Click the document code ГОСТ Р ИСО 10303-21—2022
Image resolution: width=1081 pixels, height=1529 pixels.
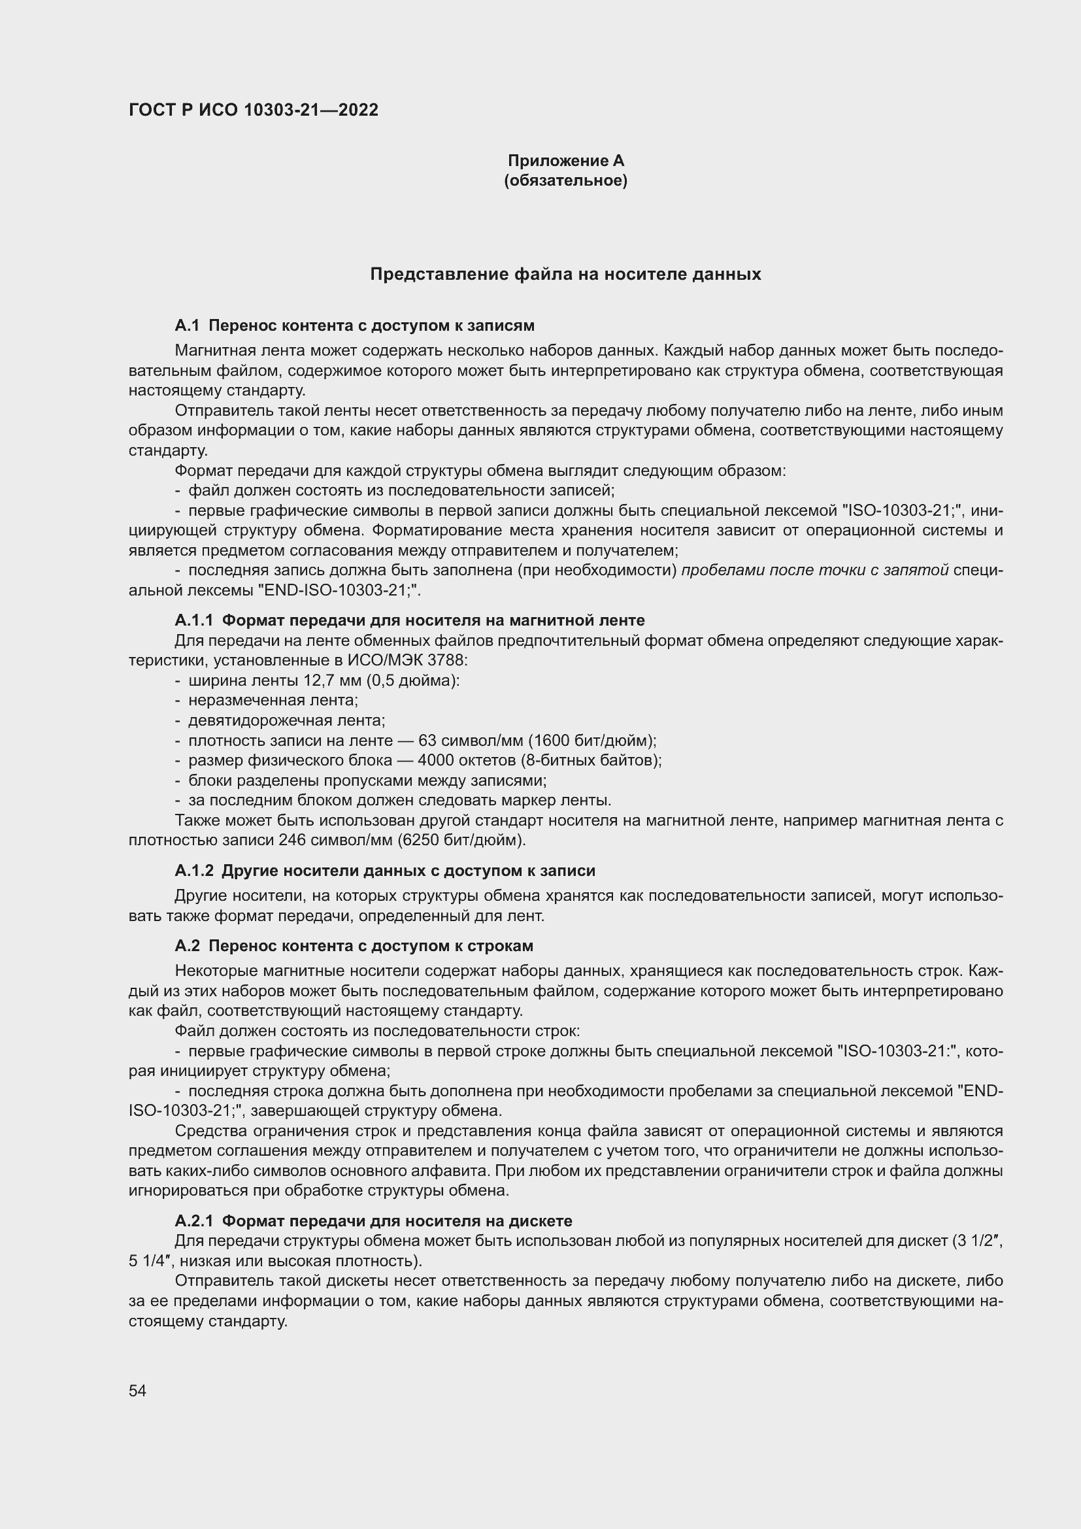254,110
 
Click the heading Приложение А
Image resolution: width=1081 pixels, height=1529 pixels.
566,161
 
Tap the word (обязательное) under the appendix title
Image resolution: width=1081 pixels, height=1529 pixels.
566,180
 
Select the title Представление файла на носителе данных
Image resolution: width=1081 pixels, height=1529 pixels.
565,275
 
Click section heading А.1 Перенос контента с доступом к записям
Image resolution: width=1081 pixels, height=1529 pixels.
355,326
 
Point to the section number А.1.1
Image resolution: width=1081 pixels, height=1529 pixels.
193,620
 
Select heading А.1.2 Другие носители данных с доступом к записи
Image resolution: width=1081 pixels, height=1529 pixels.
385,871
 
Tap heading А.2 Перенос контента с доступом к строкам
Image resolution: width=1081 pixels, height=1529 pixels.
354,947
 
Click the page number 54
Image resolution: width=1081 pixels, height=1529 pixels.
137,1390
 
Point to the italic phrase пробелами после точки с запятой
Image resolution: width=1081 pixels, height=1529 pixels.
815,571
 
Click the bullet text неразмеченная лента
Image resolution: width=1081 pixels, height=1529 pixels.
273,701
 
